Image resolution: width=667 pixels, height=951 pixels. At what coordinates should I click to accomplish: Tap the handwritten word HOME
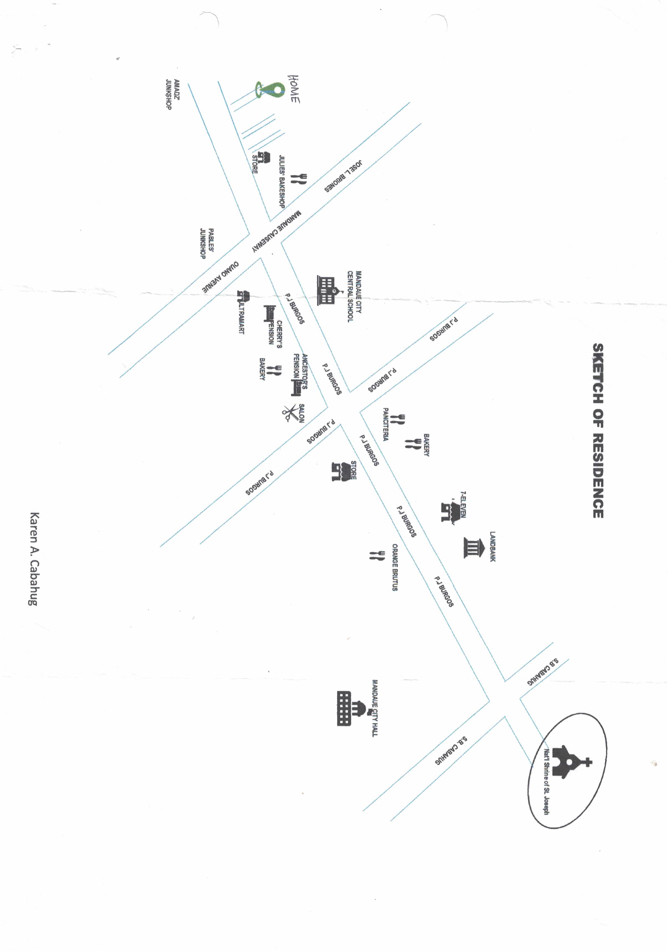tap(294, 89)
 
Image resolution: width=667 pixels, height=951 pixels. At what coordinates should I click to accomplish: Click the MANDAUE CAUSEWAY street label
tap(277, 232)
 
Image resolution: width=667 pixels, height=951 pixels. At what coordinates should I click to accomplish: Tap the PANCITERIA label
tap(385, 424)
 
